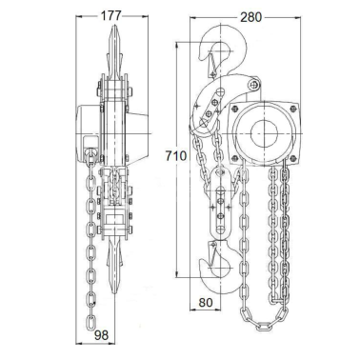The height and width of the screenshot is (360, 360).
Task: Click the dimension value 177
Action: (111, 16)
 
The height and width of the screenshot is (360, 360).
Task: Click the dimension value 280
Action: (250, 17)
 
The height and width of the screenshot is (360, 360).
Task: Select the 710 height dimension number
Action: (176, 156)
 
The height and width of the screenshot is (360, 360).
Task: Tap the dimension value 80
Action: (206, 302)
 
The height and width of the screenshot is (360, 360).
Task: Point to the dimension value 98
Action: (101, 334)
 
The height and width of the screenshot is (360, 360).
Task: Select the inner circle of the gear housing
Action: (264, 133)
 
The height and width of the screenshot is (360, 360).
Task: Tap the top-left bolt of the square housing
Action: (235, 109)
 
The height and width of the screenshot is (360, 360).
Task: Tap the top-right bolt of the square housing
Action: (293, 108)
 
